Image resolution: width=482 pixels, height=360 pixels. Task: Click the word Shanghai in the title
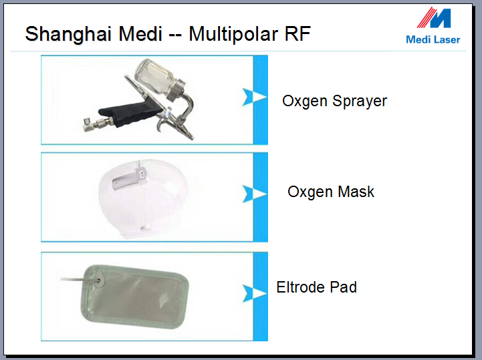pyautogui.click(x=68, y=34)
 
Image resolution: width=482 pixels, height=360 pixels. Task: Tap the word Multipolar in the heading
pyautogui.click(x=233, y=34)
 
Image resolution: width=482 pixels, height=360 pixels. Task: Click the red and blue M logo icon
pyautogui.click(x=434, y=18)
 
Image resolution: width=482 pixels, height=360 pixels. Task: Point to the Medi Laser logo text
pyautogui.click(x=433, y=39)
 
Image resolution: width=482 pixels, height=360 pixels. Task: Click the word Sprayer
pyautogui.click(x=360, y=101)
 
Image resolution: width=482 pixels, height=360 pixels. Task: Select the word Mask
pyautogui.click(x=356, y=192)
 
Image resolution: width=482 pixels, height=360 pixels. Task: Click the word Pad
pyautogui.click(x=343, y=287)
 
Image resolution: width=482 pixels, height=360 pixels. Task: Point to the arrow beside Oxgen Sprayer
pyautogui.click(x=254, y=97)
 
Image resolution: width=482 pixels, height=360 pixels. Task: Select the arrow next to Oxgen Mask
pyautogui.click(x=254, y=194)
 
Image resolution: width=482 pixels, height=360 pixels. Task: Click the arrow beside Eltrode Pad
pyautogui.click(x=254, y=293)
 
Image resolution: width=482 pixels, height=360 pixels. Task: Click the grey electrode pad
pyautogui.click(x=135, y=297)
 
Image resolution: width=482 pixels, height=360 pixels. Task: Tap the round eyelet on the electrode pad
pyautogui.click(x=98, y=280)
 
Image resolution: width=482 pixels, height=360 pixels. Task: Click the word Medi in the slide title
pyautogui.click(x=140, y=33)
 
